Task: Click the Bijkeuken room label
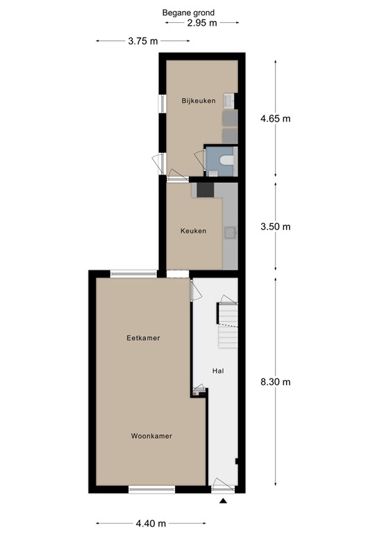click(x=198, y=101)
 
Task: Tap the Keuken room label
click(x=193, y=231)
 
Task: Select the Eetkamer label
click(x=144, y=338)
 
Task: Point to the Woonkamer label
click(x=151, y=436)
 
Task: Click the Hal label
click(x=218, y=371)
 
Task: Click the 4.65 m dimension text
click(x=275, y=118)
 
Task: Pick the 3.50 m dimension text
click(x=275, y=227)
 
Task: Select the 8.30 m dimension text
click(x=275, y=382)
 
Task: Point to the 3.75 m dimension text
click(x=142, y=41)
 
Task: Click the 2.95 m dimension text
click(x=202, y=22)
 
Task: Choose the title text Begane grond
click(x=188, y=13)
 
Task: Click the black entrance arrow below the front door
click(x=224, y=501)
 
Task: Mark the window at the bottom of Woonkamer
click(x=150, y=490)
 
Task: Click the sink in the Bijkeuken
click(x=230, y=101)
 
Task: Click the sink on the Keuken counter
click(x=229, y=232)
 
